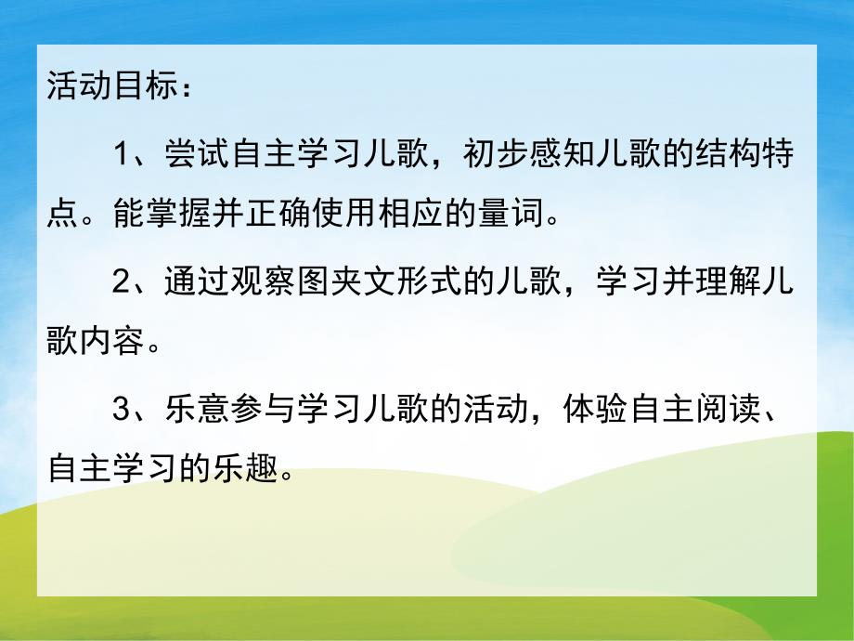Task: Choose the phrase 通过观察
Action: click(227, 281)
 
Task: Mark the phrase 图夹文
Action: click(340, 281)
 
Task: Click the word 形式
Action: click(419, 281)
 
